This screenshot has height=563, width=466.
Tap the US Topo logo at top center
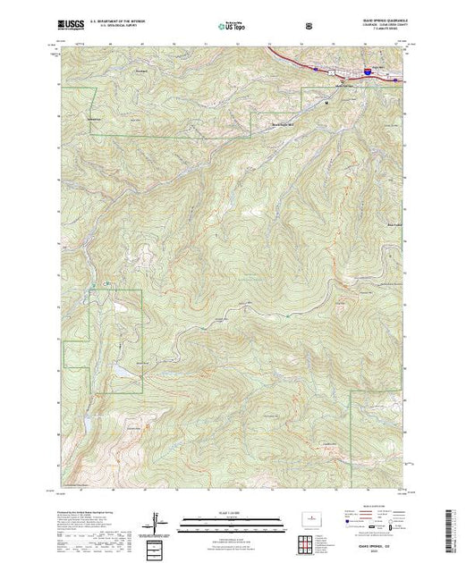click(233, 27)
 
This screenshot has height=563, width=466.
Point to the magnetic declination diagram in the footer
click(160, 522)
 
